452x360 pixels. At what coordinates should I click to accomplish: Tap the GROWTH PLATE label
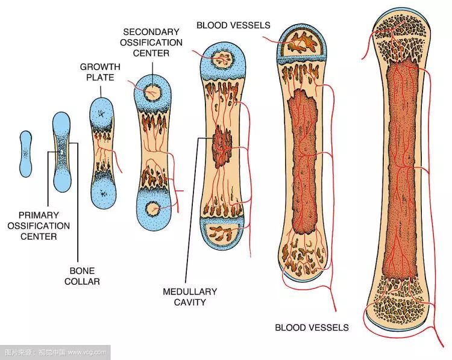click(100, 72)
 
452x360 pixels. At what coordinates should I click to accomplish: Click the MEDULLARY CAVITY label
click(189, 297)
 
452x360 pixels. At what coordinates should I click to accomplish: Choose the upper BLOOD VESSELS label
click(233, 25)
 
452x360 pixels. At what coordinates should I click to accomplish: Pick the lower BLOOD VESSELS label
click(312, 327)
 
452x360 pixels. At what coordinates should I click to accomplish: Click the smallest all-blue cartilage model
click(25, 154)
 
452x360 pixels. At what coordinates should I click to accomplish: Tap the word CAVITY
click(189, 302)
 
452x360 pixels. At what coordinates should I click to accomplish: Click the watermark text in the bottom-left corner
click(54, 352)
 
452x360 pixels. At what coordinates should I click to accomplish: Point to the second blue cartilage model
click(61, 152)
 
